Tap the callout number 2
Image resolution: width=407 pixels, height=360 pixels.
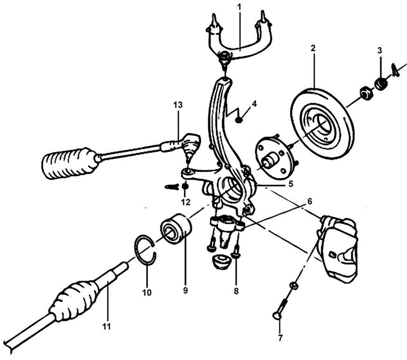313,48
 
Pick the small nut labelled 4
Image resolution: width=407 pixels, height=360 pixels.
239,120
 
